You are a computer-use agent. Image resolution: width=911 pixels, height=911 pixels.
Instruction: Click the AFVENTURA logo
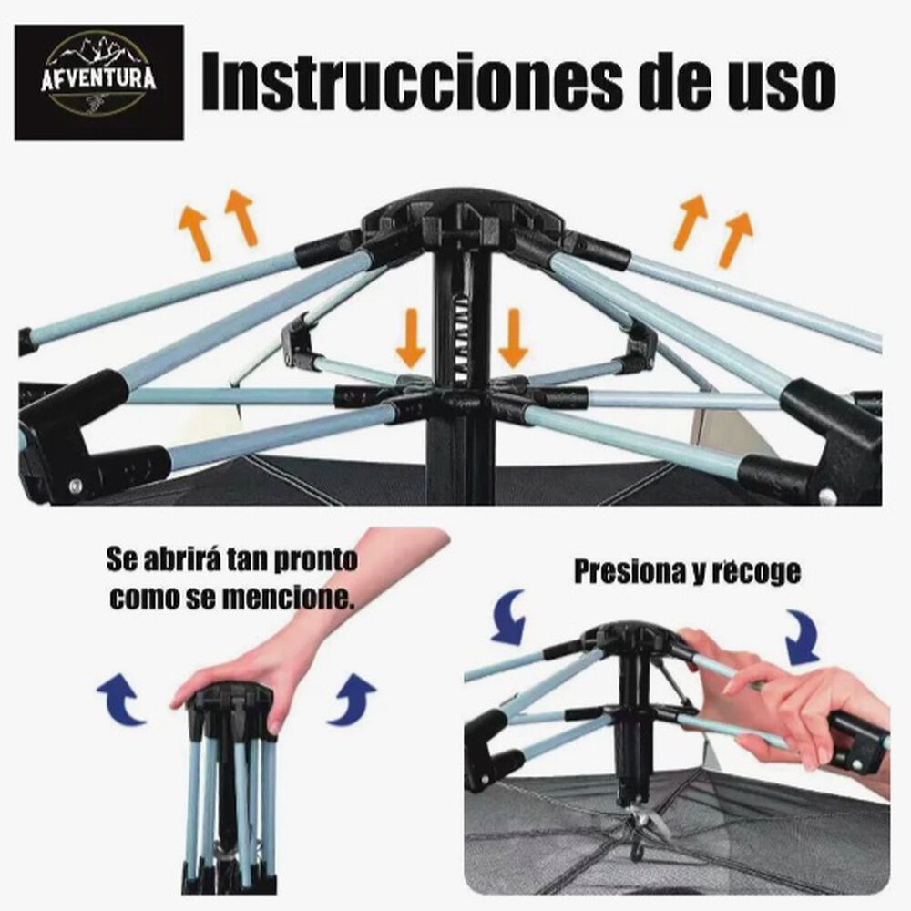[x=98, y=82]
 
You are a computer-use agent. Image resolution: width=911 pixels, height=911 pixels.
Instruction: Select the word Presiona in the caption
[x=628, y=572]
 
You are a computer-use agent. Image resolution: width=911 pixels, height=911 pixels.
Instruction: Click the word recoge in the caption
[x=755, y=572]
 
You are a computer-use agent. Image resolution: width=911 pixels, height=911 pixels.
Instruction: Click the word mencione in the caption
[x=274, y=599]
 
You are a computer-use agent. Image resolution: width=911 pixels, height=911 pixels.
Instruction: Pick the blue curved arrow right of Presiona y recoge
[x=803, y=638]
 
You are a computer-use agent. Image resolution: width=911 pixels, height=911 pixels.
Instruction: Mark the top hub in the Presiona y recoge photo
[x=630, y=638]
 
